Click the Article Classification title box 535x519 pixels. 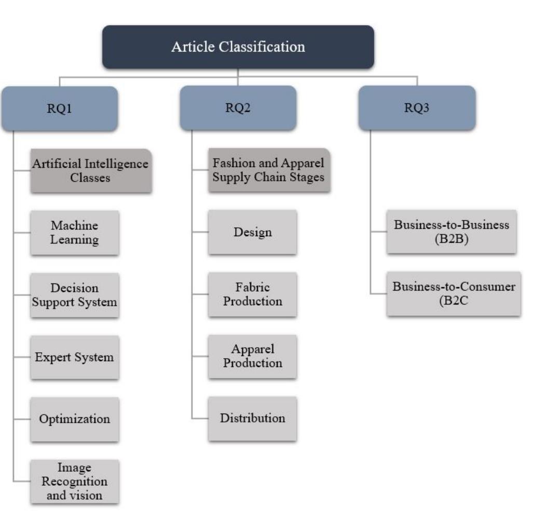[x=238, y=47]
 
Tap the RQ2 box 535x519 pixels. [x=238, y=108]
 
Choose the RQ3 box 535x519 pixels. [x=417, y=108]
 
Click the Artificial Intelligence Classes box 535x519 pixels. [x=91, y=171]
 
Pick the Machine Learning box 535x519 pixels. [x=75, y=233]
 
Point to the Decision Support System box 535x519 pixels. [x=75, y=295]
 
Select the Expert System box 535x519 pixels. [x=75, y=357]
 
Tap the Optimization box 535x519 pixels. [x=75, y=419]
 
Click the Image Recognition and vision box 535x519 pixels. [x=75, y=481]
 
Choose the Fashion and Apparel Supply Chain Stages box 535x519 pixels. [x=269, y=170]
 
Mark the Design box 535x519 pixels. [x=253, y=232]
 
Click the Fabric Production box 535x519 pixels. [x=253, y=294]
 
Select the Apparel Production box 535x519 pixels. [x=253, y=356]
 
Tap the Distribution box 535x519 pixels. [x=253, y=418]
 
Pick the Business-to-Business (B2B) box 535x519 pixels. [x=451, y=231]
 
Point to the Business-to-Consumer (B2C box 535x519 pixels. [x=454, y=293]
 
